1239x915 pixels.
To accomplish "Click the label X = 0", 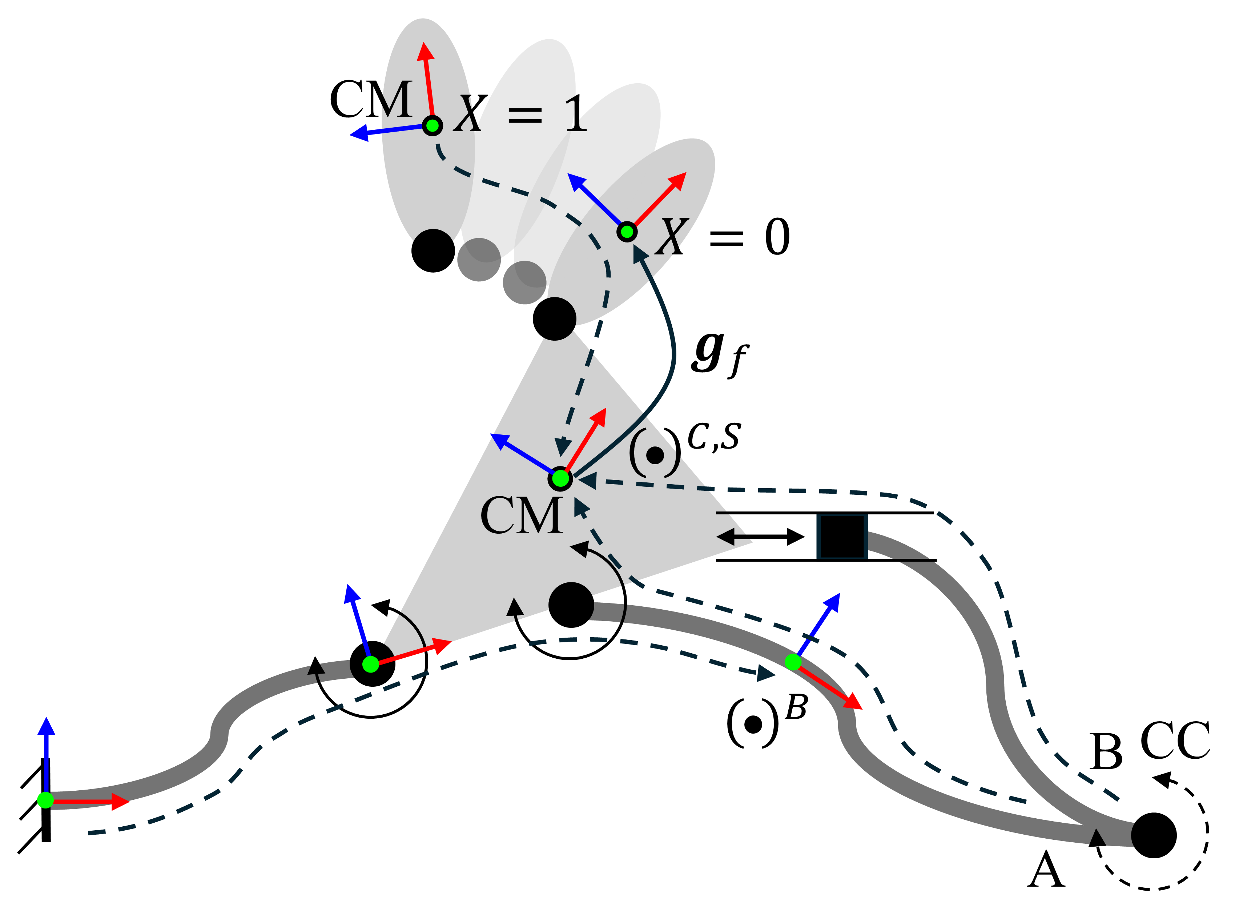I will coord(723,237).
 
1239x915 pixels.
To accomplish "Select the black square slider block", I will coord(842,537).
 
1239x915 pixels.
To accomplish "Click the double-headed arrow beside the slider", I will coord(760,537).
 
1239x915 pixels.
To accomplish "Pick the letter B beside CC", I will coord(1106,752).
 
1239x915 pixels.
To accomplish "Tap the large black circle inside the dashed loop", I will coord(1154,836).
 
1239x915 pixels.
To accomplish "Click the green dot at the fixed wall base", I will coord(45,800).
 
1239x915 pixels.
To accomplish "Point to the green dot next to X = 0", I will coord(627,232).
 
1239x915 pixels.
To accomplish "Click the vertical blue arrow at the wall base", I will coord(47,753).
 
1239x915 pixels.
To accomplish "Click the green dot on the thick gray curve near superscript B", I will coord(793,661).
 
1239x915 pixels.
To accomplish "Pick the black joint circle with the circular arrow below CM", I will coord(571,605).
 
